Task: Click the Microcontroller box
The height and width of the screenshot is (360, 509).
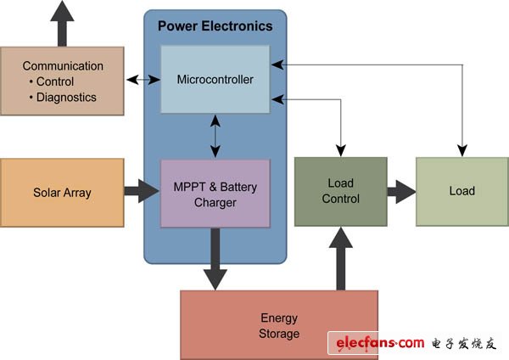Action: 215,80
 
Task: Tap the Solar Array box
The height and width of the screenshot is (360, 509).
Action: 62,193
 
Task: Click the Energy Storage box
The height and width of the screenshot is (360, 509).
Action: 279,325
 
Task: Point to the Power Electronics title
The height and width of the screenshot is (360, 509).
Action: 215,26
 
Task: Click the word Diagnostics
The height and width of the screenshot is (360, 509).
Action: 66,97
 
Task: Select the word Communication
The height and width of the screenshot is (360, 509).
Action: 63,66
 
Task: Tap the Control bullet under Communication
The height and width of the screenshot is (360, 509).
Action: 55,82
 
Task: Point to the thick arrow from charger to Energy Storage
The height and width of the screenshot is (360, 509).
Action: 215,260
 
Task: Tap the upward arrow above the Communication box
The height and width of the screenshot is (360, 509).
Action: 62,23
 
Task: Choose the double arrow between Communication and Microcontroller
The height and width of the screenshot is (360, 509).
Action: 143,81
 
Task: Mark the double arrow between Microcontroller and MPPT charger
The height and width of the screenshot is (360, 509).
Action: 215,137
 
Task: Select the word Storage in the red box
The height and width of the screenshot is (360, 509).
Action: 279,334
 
